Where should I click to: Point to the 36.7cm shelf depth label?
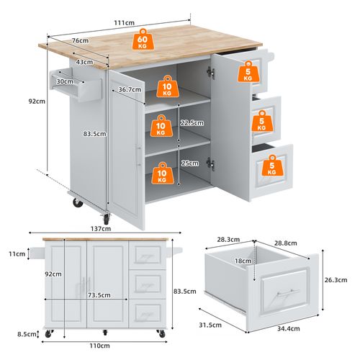130,89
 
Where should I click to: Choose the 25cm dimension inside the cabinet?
190,163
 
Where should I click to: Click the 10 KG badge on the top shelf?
167,89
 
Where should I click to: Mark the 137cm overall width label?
102,228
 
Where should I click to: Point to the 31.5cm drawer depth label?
212,323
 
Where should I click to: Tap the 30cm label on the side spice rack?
66,81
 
